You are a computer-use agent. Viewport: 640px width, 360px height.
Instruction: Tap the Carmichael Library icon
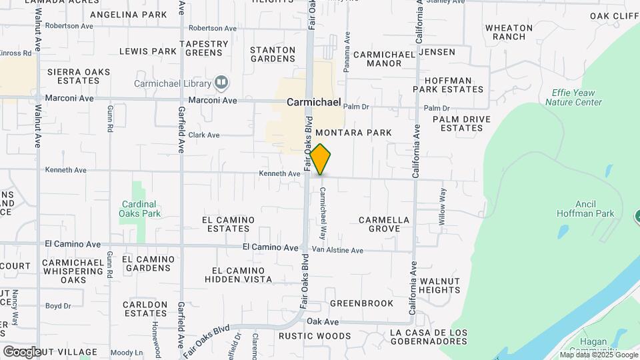(221, 83)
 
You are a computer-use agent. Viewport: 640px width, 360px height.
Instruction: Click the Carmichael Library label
(172, 83)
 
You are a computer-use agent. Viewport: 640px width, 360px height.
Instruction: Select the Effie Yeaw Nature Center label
(573, 97)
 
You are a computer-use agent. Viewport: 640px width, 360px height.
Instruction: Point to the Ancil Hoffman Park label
(585, 209)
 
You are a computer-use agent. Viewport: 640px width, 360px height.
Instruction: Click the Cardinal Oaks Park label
(140, 209)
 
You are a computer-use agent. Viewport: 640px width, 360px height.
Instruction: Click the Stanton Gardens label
(273, 54)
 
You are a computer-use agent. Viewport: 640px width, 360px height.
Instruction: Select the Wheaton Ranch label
(509, 32)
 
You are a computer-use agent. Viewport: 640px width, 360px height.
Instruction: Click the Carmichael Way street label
(323, 213)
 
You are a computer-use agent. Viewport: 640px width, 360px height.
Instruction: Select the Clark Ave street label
(203, 135)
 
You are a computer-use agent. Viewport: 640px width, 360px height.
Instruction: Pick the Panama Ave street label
(347, 53)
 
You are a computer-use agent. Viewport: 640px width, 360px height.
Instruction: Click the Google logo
(22, 351)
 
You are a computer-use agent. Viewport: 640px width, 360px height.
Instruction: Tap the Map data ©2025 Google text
(599, 355)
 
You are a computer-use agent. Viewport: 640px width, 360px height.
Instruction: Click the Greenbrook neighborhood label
(362, 303)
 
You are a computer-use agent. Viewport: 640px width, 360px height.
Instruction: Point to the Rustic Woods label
(315, 336)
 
